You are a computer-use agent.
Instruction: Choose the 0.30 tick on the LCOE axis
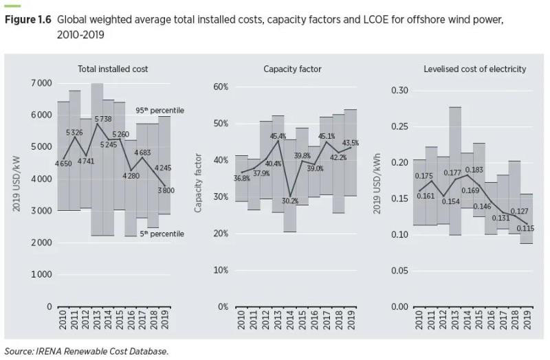pos(399,91)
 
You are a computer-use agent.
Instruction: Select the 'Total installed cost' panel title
pos(113,69)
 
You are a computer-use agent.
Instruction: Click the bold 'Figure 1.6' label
pos(29,19)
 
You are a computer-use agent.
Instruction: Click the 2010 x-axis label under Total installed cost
pos(63,322)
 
